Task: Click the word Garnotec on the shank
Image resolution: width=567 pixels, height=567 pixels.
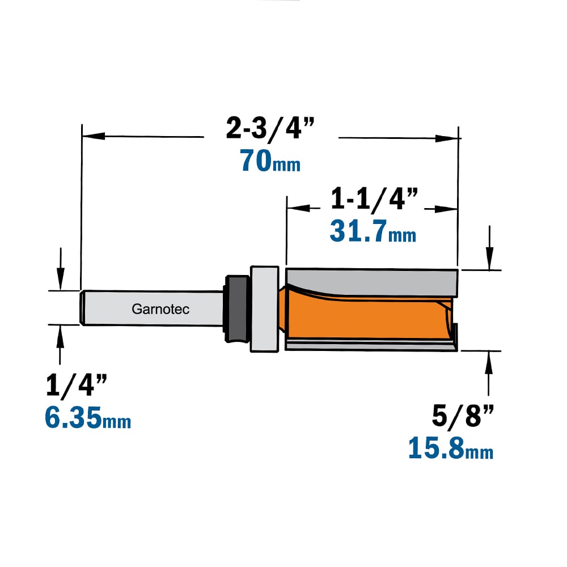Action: (160, 309)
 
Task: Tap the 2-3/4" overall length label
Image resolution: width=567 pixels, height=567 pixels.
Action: (270, 128)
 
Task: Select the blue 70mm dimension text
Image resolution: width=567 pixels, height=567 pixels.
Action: (270, 160)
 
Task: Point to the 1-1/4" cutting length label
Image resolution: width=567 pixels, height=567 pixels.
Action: (374, 198)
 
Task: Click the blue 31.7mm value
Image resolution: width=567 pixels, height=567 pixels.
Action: (373, 231)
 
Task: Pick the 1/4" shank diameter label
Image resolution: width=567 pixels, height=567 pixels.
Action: (77, 385)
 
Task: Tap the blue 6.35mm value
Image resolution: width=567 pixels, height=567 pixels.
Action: (88, 418)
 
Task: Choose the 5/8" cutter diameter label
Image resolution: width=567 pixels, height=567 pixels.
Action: (463, 416)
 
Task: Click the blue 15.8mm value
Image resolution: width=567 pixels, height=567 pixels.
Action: (451, 448)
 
